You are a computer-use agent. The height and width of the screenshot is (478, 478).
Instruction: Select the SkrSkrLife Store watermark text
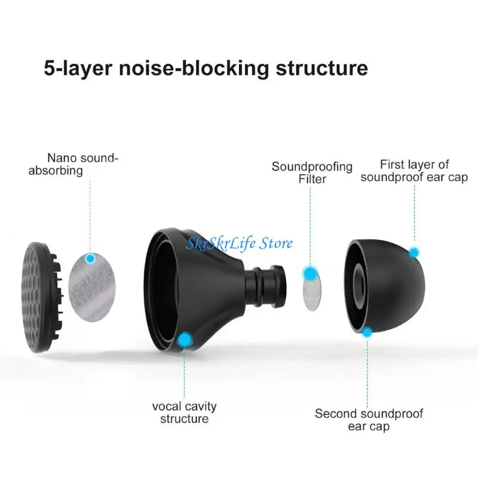point(240,243)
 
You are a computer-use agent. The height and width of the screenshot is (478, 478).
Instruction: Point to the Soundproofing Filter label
point(312,172)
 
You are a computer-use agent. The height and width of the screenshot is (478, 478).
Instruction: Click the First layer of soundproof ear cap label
point(414,170)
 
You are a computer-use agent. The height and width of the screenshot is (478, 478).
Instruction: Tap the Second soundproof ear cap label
point(369,419)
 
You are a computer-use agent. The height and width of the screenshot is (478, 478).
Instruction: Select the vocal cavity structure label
point(184,412)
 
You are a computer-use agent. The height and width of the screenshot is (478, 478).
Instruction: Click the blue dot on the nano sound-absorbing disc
point(90,258)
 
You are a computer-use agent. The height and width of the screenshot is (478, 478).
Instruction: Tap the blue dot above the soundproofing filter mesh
point(310,274)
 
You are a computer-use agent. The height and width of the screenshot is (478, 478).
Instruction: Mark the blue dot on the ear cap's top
point(413,252)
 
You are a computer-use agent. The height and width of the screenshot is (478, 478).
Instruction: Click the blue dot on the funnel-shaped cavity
point(184,339)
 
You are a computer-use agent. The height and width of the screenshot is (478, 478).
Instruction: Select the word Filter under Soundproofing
point(312,179)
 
